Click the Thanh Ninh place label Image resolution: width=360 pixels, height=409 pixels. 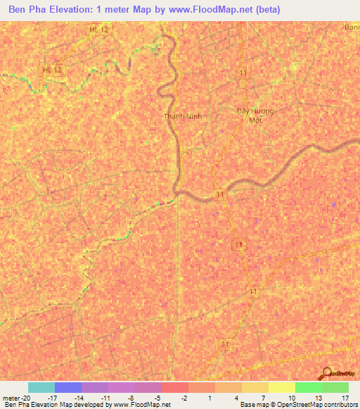click(x=183, y=117)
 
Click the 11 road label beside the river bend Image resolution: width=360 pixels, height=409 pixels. click(x=221, y=195)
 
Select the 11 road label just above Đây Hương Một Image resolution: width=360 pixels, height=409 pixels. click(x=243, y=73)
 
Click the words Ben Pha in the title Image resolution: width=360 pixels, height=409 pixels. click(x=27, y=11)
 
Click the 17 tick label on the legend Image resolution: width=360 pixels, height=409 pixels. click(x=346, y=397)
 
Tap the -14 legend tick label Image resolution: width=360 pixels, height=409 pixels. click(x=79, y=397)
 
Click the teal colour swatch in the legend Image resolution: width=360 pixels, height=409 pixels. click(x=41, y=387)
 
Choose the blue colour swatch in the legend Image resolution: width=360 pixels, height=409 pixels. click(x=68, y=387)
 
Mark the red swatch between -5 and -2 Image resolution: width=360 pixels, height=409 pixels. click(x=174, y=387)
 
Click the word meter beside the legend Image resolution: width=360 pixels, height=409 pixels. click(x=11, y=397)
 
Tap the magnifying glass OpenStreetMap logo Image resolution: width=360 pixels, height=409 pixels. click(x=326, y=374)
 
